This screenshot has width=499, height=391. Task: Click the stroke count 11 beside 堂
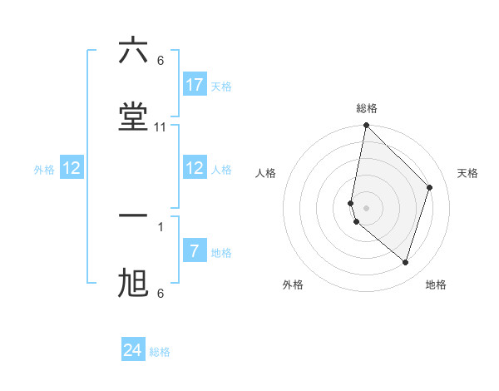[161, 127]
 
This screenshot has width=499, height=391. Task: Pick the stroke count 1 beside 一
[161, 226]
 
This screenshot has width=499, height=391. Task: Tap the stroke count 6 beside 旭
[161, 294]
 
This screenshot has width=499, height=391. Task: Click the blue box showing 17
[194, 84]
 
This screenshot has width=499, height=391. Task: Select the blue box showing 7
[194, 250]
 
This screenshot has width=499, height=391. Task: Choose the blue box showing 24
[133, 350]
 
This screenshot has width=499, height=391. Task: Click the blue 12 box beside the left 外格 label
[72, 168]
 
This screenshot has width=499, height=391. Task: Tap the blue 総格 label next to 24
[160, 352]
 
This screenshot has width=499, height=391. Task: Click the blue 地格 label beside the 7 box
[221, 252]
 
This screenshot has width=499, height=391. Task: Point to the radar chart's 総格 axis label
[367, 108]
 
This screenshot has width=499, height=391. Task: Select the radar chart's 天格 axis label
[467, 173]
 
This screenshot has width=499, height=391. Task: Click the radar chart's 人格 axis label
[265, 173]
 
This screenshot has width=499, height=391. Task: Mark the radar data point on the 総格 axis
[366, 126]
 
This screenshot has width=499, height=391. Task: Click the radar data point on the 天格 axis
[430, 187]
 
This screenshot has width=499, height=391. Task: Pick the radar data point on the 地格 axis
[405, 262]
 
